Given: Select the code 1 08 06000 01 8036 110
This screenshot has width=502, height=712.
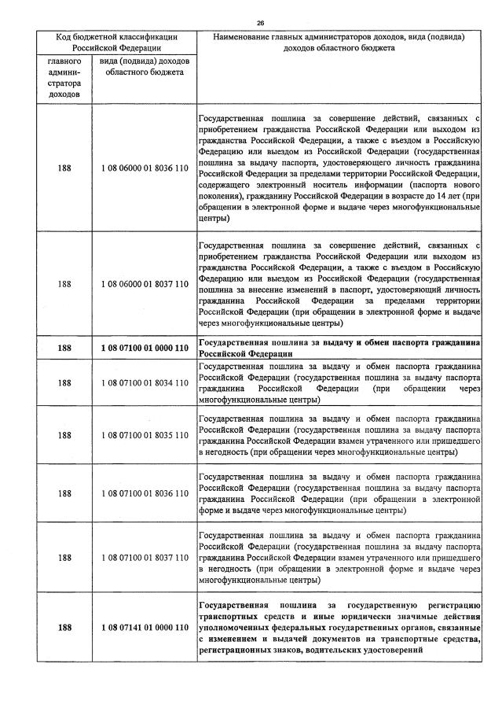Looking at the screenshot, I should (x=145, y=168).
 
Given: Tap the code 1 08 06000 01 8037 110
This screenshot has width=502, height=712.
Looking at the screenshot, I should (x=145, y=284).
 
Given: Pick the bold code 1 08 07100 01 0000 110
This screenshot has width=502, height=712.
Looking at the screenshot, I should (x=145, y=348).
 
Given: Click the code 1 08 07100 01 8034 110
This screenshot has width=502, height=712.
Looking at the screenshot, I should (x=145, y=382).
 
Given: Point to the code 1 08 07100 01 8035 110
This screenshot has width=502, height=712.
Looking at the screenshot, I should (x=145, y=435).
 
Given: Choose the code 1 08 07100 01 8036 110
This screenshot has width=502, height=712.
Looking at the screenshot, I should (x=145, y=493).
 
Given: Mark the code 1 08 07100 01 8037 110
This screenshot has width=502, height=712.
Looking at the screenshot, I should (x=145, y=558).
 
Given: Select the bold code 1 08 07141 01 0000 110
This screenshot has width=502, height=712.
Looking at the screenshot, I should (x=145, y=628).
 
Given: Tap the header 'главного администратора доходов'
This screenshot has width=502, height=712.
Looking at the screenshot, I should (x=64, y=77).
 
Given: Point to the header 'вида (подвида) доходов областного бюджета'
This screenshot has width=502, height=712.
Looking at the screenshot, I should (x=145, y=66).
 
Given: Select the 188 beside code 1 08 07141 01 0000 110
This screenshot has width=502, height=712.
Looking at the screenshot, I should (x=64, y=628).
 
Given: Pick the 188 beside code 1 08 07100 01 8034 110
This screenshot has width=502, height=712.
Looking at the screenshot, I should (x=64, y=382).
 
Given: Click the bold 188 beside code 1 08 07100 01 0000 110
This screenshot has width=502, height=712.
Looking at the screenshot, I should (x=64, y=348).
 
